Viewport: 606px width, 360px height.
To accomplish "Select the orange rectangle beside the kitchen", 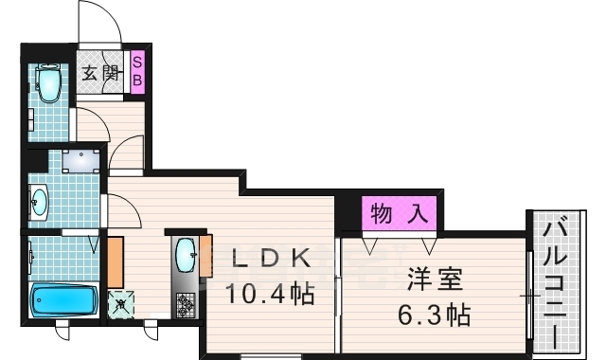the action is [116, 261].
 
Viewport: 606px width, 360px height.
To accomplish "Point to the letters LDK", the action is [268, 257].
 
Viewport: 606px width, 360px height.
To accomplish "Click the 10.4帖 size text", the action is [268, 294].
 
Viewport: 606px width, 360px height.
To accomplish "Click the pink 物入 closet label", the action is [398, 212].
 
